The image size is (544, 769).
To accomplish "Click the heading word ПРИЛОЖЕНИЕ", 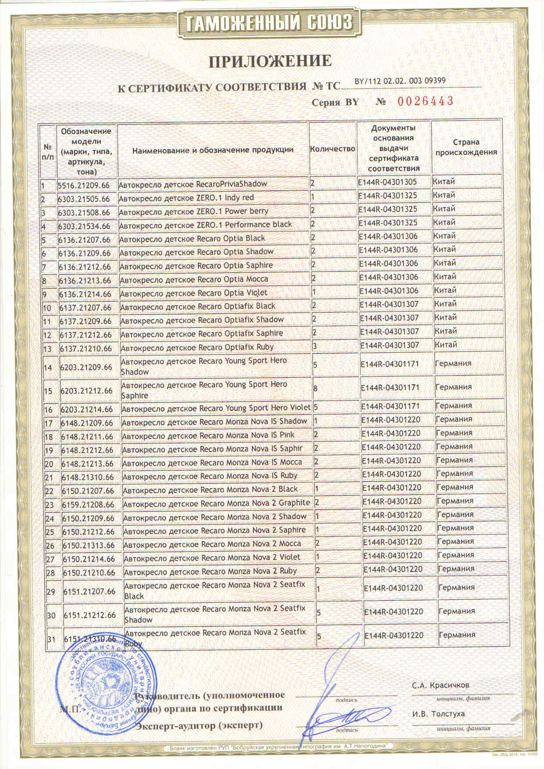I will (270, 61).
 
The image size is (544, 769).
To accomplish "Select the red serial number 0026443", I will (425, 101).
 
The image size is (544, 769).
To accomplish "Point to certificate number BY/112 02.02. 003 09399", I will (400, 81).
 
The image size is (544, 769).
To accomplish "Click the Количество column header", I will (332, 149).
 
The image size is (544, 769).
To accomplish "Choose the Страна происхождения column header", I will (466, 147).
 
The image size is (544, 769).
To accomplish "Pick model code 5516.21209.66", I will (83, 185).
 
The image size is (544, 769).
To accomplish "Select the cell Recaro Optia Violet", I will (193, 293).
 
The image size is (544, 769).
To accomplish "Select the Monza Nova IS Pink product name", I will (208, 436).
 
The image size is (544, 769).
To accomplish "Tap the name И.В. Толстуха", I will (438, 714).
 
